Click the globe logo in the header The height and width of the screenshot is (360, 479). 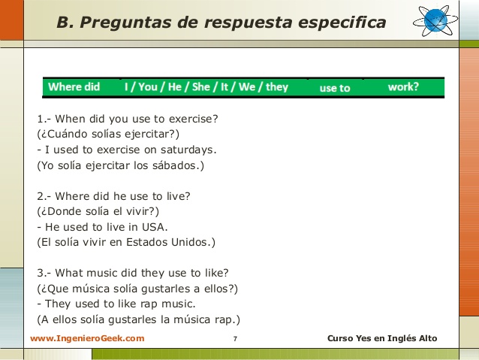[435, 20]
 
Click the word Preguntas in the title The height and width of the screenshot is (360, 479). [125, 23]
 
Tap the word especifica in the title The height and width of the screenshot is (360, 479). [342, 23]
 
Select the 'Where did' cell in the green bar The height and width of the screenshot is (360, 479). [74, 87]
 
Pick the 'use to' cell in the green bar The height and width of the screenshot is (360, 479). [335, 88]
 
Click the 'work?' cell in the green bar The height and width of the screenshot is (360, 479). [403, 87]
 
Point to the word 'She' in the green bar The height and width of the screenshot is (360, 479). [200, 87]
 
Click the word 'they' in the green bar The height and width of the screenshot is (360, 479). [277, 87]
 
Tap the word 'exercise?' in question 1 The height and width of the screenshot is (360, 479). [194, 119]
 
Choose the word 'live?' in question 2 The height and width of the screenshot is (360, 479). [179, 196]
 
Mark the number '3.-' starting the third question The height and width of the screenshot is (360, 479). [44, 273]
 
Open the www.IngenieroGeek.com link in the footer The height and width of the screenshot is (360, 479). [87, 338]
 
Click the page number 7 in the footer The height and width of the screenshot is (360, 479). [235, 339]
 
